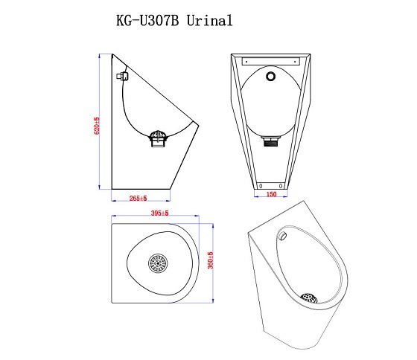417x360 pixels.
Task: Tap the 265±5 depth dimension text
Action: tap(139, 199)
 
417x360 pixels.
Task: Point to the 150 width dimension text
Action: tap(271, 195)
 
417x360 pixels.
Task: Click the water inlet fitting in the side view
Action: tap(122, 76)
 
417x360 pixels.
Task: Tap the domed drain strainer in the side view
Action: tap(159, 135)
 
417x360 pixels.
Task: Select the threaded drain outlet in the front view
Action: tap(271, 141)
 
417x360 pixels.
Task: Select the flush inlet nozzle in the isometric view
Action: tap(284, 235)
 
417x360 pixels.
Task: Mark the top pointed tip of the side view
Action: tap(112, 54)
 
